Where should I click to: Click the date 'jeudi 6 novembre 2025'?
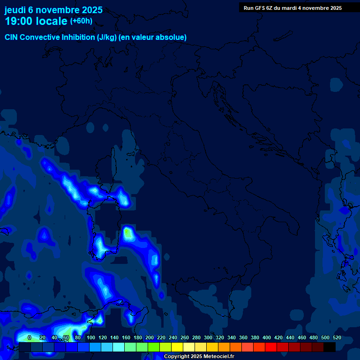pos(53,10)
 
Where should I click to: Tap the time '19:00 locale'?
pos(36,21)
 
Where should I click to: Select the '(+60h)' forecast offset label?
pos(81,21)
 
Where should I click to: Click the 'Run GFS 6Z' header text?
pos(259,8)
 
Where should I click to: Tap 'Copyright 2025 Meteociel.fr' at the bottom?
pos(199,357)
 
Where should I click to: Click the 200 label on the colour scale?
pos(150,337)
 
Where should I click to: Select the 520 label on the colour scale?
pos(337,337)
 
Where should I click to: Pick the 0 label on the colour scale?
pos(30,337)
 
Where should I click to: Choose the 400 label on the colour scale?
pos(267,337)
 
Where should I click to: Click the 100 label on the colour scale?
pos(91,337)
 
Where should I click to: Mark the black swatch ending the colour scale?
pos(330,347)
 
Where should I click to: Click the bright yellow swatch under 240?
pos(177,347)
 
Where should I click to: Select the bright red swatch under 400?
pos(271,347)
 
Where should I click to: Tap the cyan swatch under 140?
pos(119,347)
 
